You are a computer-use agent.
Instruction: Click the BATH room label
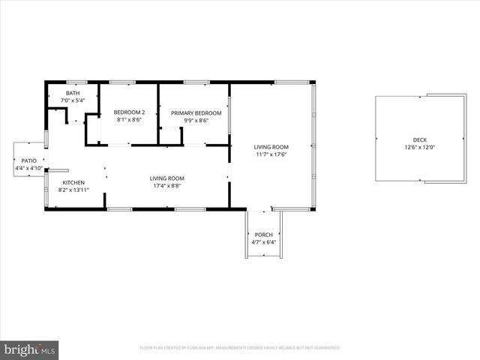[x=73, y=93]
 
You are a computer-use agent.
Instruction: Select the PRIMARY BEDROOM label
[x=190, y=113]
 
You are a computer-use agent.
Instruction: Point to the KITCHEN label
[x=73, y=182]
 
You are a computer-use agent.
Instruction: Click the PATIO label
[x=29, y=160]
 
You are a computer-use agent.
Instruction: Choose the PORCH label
[x=263, y=235]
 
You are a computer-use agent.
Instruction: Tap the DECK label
[x=420, y=140]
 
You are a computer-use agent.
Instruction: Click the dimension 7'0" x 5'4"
[x=73, y=100]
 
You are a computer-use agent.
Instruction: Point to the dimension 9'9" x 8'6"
[x=190, y=120]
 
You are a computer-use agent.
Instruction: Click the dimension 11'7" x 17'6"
[x=271, y=154]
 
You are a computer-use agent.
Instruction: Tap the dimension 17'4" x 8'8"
[x=166, y=186]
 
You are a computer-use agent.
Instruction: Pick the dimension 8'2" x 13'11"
[x=73, y=190]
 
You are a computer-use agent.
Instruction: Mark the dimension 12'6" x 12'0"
[x=420, y=147]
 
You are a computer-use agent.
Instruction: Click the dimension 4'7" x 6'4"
[x=263, y=242]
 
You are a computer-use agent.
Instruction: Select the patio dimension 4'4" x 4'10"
[x=29, y=168]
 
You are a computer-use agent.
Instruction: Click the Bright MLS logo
[x=30, y=349]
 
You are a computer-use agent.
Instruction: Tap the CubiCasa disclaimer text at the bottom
[x=240, y=348]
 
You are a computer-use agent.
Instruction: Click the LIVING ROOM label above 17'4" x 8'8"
[x=166, y=178]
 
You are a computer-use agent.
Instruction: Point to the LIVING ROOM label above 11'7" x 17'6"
[x=271, y=147]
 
